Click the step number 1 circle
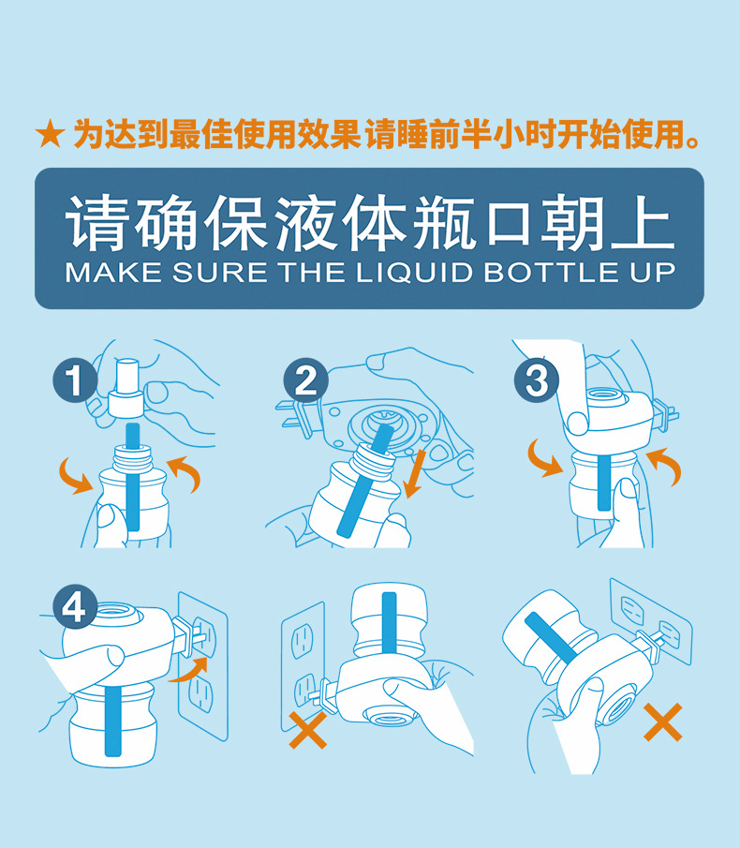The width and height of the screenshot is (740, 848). coord(75,380)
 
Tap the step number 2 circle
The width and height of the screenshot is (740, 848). coord(306,380)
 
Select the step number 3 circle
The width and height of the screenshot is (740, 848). coord(536,379)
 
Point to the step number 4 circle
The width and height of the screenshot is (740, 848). coord(75,607)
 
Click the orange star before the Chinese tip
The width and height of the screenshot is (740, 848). coord(51,135)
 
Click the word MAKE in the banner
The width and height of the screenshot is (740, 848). coord(113,272)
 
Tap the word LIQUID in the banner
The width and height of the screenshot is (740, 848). coord(415,272)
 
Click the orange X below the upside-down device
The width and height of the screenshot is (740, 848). coord(307,730)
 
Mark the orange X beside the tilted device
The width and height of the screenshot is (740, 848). coord(662,722)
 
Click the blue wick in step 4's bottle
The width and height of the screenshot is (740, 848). coord(113,722)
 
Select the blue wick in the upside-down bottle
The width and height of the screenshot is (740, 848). coord(389,623)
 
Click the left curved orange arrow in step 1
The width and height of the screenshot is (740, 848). coord(75,475)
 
